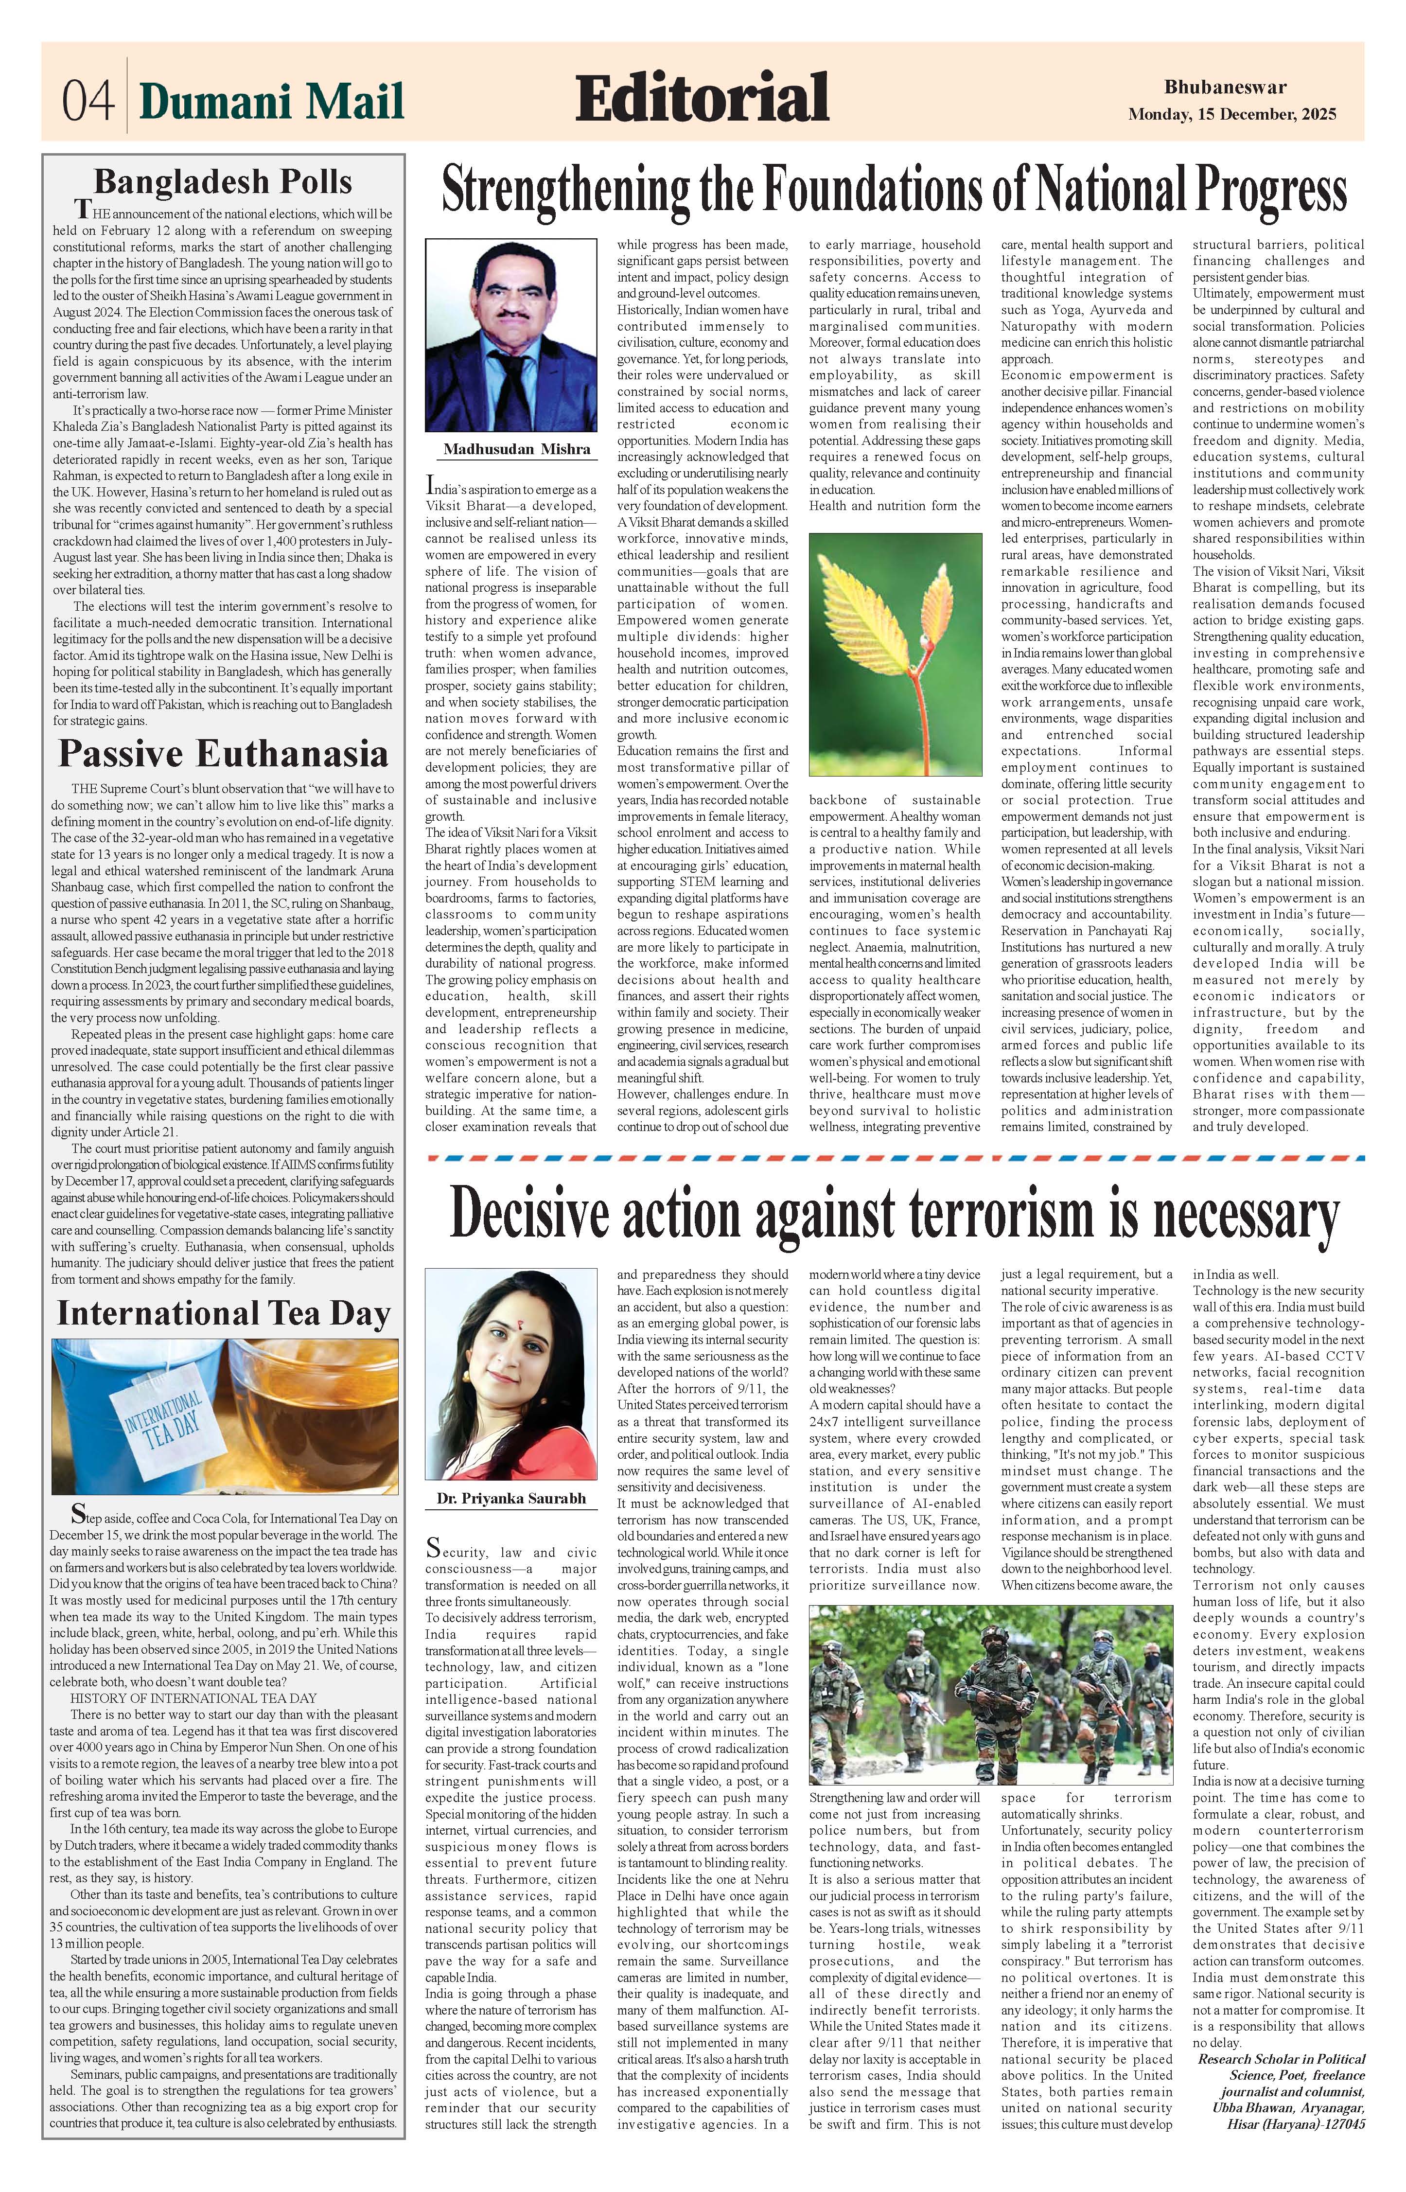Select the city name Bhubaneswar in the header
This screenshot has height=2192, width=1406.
[x=1225, y=88]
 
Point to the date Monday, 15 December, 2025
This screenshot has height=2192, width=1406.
[x=1231, y=115]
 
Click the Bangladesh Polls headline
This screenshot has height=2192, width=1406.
[x=223, y=182]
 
